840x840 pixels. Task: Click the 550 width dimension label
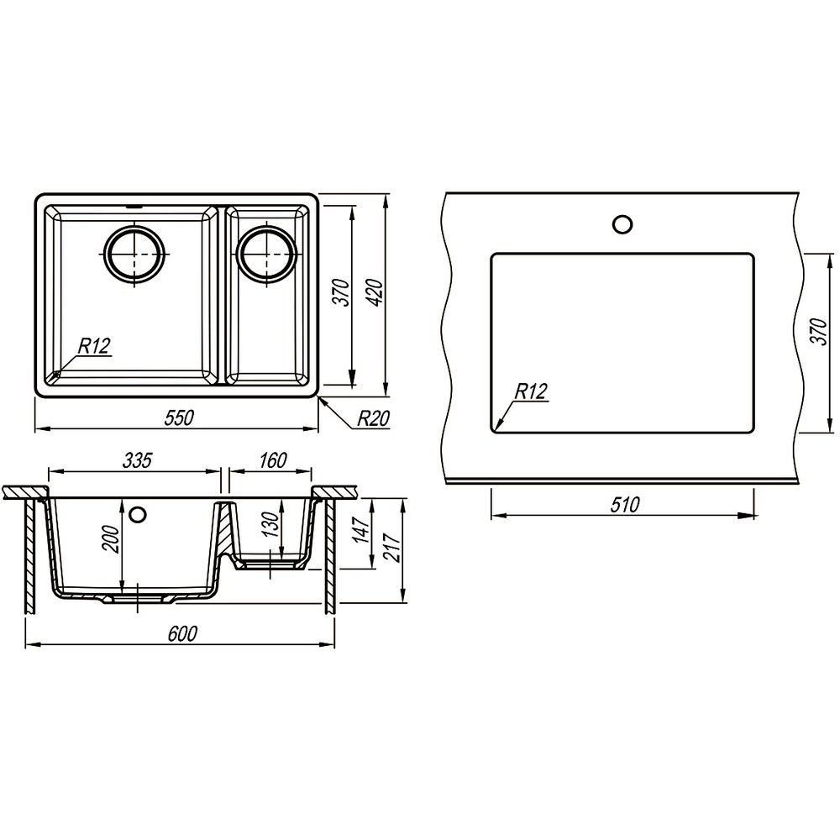pos(178,417)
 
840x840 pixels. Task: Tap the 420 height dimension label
pos(376,292)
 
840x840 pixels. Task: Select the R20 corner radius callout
pos(373,418)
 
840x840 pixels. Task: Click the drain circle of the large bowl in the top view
pos(134,254)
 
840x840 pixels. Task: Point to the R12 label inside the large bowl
pos(94,346)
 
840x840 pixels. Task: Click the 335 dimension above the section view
pos(138,460)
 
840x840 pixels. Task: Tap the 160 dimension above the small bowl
pos(273,460)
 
